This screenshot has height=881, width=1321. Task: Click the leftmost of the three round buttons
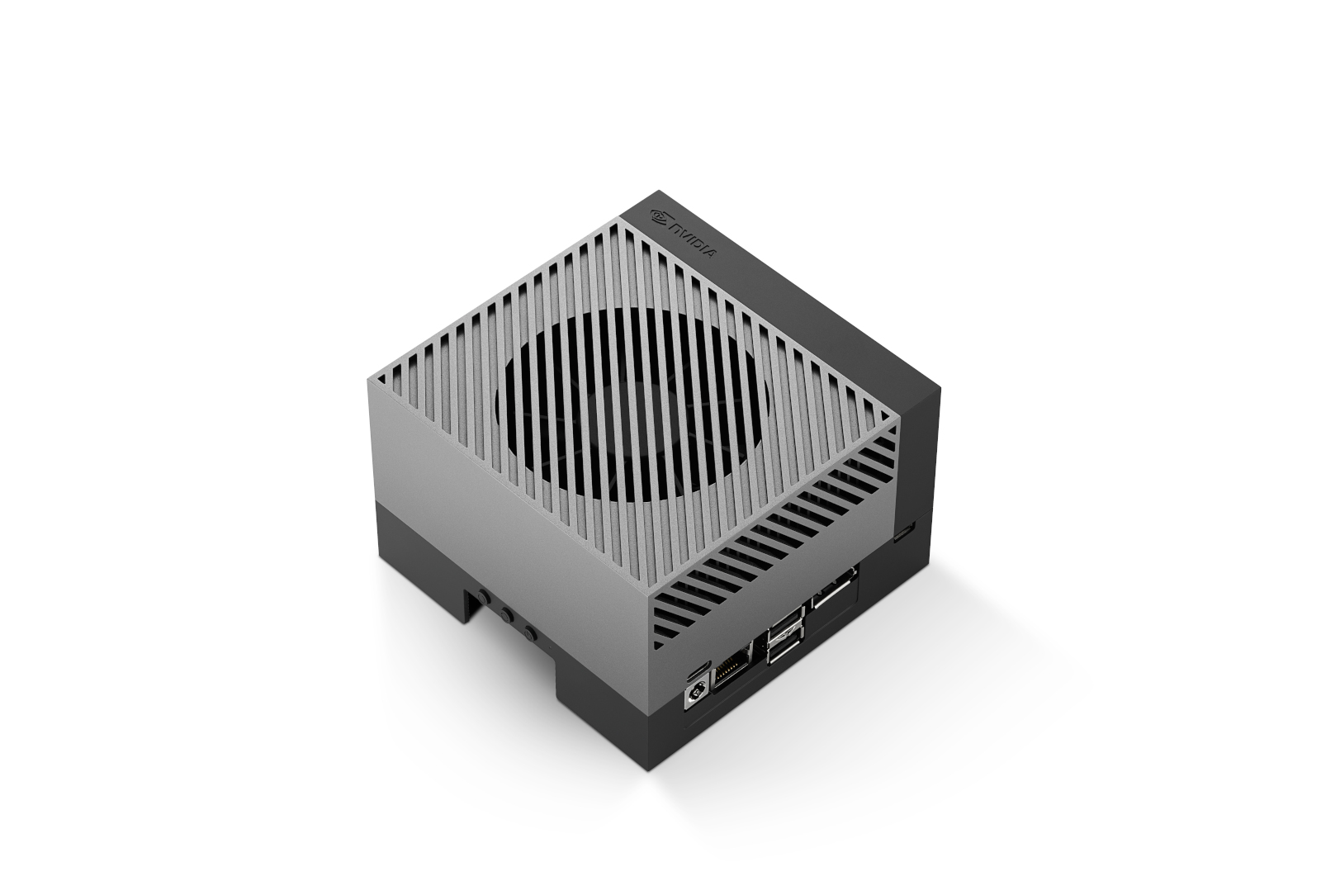482,598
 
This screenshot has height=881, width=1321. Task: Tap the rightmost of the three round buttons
528,634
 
